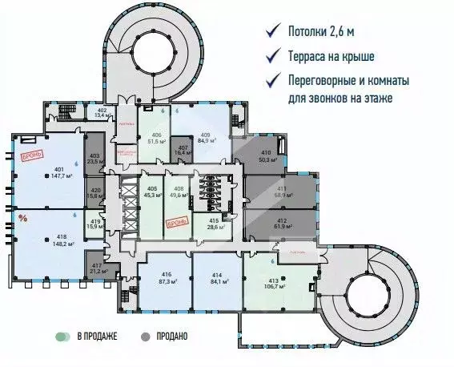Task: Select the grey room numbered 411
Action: pyautogui.click(x=281, y=192)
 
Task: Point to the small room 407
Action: pyautogui.click(x=183, y=151)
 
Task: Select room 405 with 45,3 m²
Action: pyautogui.click(x=149, y=192)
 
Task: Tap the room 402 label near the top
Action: pyautogui.click(x=102, y=112)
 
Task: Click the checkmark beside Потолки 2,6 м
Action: pyautogui.click(x=275, y=33)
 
